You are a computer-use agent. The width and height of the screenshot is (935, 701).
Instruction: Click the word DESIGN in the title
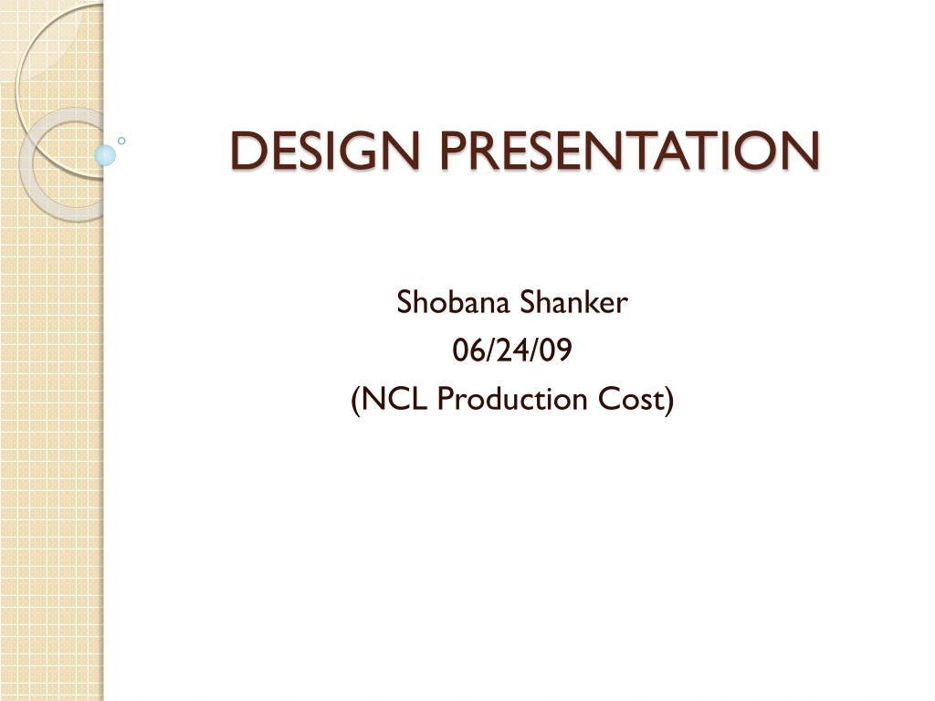pos(324,150)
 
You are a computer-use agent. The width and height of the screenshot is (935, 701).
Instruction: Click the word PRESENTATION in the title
pos(630,150)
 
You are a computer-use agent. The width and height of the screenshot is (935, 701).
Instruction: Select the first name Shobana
pos(453,301)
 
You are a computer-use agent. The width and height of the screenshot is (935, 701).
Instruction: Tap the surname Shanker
pos(574,301)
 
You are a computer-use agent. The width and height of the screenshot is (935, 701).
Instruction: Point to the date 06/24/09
pos(512,350)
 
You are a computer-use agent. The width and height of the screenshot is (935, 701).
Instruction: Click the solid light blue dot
pos(105,155)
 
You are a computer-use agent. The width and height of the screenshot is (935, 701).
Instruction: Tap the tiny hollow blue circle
pos(121,141)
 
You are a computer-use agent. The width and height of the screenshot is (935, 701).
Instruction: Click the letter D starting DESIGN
pos(247,150)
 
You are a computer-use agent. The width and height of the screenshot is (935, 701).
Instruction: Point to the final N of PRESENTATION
pos(802,150)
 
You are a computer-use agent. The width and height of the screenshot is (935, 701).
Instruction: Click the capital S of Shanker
pos(529,302)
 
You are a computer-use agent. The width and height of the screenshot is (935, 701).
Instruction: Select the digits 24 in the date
pos(512,350)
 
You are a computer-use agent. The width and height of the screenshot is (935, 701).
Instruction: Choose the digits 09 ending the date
pos(556,350)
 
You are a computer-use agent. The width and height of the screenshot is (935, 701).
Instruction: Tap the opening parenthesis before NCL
pos(356,400)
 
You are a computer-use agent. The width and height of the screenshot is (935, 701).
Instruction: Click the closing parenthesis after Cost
pos(668,400)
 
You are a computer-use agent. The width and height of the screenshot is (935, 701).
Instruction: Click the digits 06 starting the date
pos(467,350)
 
